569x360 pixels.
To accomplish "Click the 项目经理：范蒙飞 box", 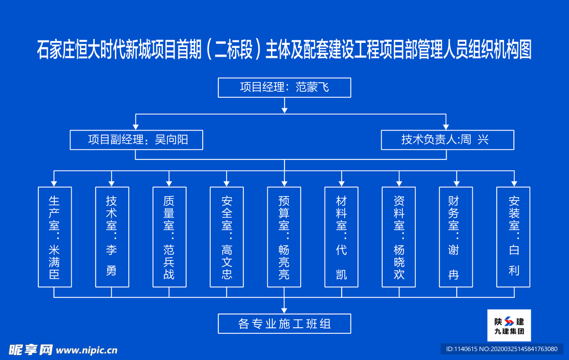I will (x=284, y=87).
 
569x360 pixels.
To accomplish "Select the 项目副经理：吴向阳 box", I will (x=136, y=140).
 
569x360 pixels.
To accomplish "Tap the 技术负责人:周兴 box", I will (x=447, y=140).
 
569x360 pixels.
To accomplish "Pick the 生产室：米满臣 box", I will (x=54, y=237).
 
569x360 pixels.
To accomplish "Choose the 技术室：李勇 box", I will (x=112, y=237).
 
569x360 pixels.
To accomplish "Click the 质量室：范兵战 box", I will (x=169, y=237).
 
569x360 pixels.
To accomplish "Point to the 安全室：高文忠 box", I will (x=226, y=237).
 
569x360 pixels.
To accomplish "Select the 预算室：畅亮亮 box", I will (x=284, y=237).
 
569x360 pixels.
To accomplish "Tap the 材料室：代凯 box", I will (x=341, y=237).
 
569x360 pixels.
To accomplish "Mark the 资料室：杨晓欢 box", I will (x=398, y=237).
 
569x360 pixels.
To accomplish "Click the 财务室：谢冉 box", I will (x=456, y=237).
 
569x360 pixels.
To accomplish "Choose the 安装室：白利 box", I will (x=513, y=237).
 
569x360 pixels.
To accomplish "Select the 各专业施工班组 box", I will (x=284, y=323).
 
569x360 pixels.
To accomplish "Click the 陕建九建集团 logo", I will (x=509, y=326).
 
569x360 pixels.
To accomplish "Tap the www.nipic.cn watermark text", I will (x=87, y=350).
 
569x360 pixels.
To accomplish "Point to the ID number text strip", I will (x=501, y=348).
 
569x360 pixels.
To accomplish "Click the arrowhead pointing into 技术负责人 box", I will (x=446, y=126).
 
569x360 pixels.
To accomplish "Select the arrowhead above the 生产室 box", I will (x=54, y=182).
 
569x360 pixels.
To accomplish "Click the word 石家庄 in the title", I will (x=56, y=50).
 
